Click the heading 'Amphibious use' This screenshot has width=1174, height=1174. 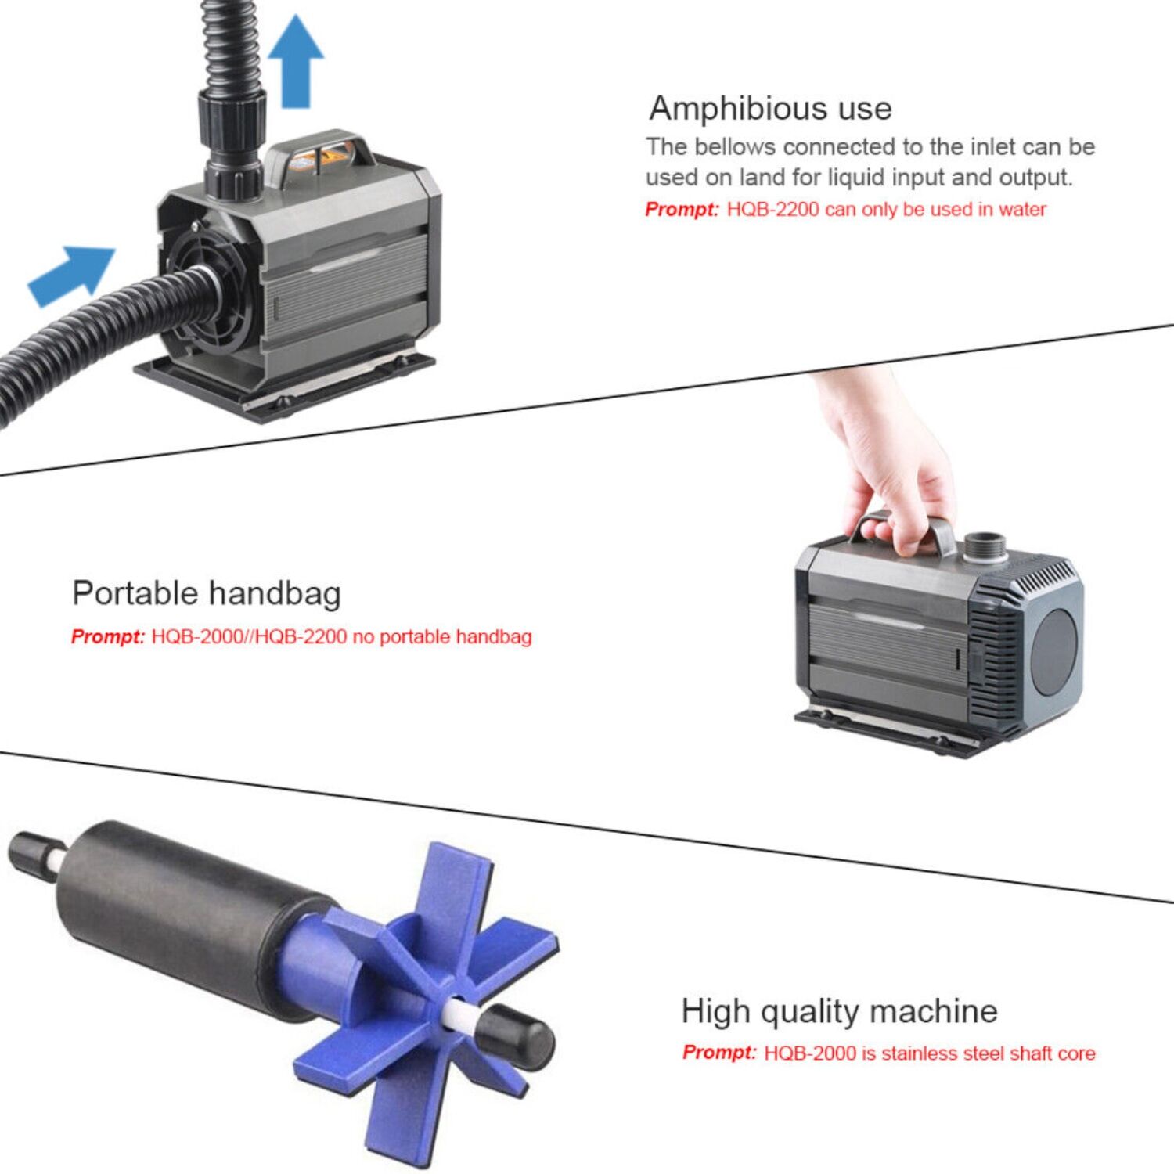[770, 108]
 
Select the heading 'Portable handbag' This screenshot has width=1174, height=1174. [207, 593]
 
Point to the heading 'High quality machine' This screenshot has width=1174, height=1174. [839, 1011]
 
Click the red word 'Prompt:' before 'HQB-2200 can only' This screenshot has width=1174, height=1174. [681, 210]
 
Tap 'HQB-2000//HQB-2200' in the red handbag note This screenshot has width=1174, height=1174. [249, 637]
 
